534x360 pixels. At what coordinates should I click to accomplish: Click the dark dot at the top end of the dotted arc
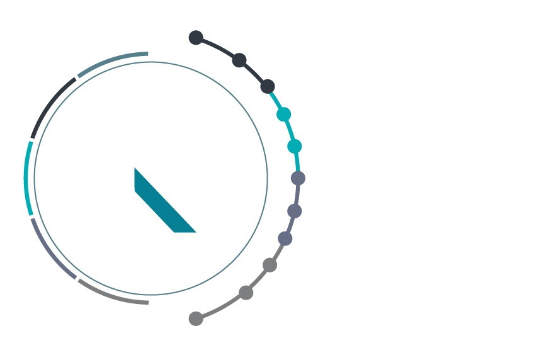point(196,38)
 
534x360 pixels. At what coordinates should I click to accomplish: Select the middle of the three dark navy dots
point(239,60)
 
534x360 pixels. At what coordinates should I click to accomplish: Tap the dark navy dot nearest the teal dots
point(268,86)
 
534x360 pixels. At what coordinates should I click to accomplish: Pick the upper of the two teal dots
point(283,115)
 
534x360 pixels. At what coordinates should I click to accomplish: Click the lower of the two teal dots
point(294,146)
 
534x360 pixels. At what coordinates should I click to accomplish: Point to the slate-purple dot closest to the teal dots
point(298,178)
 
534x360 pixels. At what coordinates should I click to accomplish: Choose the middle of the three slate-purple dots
point(294,211)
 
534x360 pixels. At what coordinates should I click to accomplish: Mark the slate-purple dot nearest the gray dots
point(285,239)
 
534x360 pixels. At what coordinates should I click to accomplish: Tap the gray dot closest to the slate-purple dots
point(270,265)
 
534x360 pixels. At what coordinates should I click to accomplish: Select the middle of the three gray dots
point(246,293)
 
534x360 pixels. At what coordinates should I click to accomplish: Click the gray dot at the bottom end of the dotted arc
point(196,318)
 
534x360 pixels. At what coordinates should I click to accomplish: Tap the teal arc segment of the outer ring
point(26,179)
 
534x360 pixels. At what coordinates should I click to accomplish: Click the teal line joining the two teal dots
point(290,130)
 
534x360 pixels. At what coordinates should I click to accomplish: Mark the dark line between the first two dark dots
point(219,48)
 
